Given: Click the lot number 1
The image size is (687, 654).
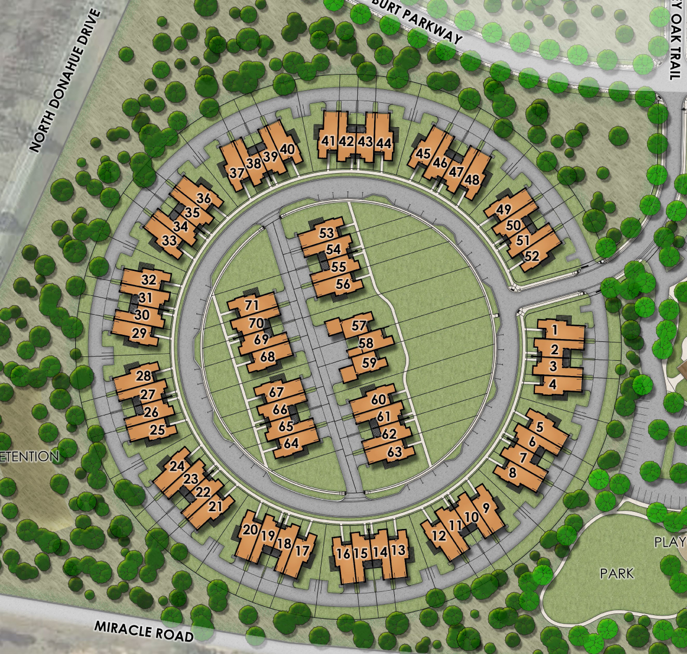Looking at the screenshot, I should point(554,329).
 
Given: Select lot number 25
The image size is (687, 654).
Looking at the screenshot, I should point(157,431).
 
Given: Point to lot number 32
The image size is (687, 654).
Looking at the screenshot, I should point(148,280).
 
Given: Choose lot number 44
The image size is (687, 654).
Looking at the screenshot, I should point(384,143).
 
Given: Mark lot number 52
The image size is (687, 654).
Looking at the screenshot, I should point(532,256).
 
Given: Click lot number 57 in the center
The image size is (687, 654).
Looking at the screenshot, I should point(359,326).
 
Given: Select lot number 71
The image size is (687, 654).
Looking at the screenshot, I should point(252,305).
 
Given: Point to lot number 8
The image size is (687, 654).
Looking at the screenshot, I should point(512,472).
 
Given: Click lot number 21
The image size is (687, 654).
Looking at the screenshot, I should point(215,506).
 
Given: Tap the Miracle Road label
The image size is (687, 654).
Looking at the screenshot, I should point(144,631).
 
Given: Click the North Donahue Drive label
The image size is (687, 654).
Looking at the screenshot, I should point(65,81).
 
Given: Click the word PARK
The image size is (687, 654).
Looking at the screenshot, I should point(617,573).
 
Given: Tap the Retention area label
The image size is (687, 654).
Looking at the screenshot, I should point(29,456).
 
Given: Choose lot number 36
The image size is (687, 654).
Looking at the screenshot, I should point(204,199).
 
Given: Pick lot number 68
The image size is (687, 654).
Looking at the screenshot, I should point(267,357).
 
